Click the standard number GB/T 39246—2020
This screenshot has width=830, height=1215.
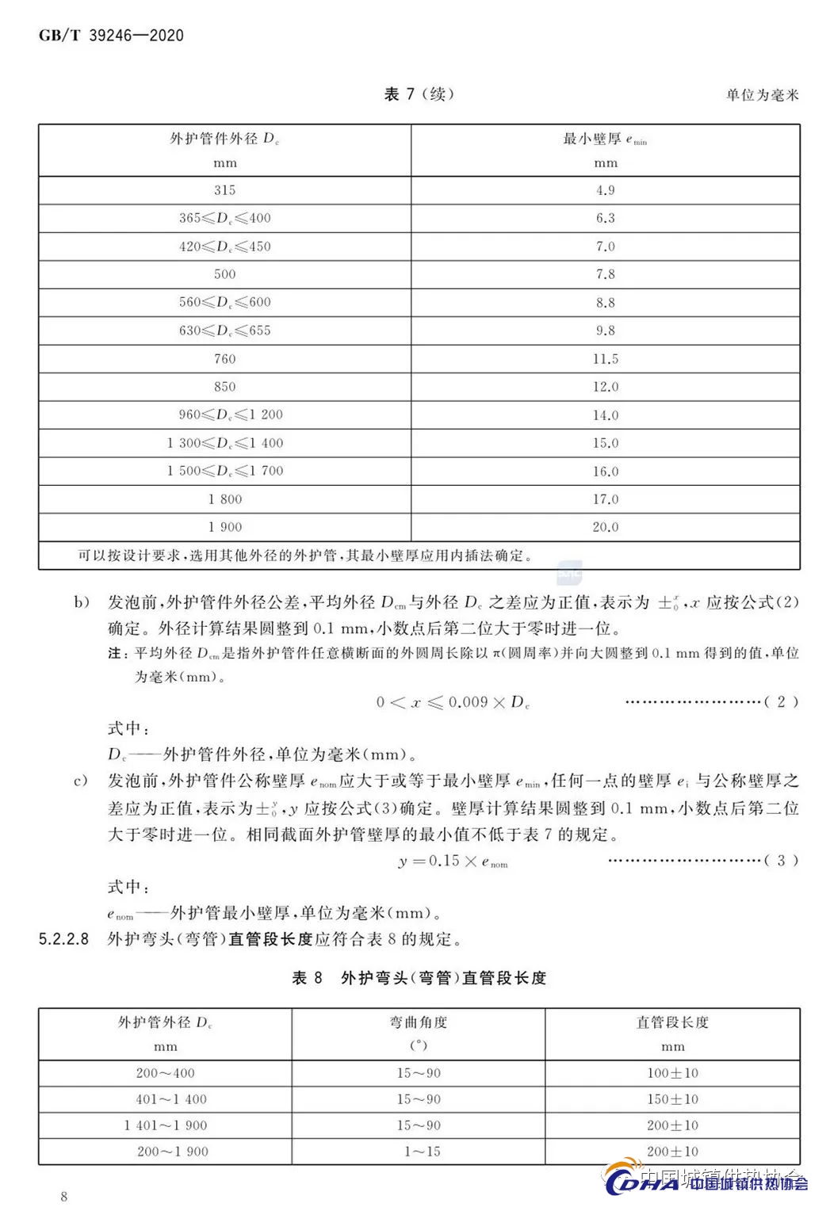pos(111,36)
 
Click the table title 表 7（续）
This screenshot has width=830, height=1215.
pos(419,94)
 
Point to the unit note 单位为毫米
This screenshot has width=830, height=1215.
pos(762,95)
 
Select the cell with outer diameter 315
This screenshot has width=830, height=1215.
pos(225,190)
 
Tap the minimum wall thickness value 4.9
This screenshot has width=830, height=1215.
pos(606,190)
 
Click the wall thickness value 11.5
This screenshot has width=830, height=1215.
pos(606,359)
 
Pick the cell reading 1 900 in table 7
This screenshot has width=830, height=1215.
pos(225,527)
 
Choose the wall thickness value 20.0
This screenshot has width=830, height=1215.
pos(606,527)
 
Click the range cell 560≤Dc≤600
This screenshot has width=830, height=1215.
pos(225,302)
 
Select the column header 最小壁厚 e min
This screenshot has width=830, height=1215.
pos(605,139)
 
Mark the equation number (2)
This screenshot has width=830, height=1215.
pos(781,701)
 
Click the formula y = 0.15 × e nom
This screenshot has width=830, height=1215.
pos(453,862)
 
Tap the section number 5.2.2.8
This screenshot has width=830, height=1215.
pos(63,939)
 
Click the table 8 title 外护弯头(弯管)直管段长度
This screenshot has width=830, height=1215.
pos(443,978)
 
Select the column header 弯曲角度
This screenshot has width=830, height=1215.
pos(419,1022)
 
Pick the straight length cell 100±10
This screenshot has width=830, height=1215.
pos(672,1073)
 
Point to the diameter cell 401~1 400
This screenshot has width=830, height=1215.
pos(171,1099)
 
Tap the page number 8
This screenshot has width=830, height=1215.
pos(64,1197)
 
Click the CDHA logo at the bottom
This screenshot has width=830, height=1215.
pos(642,1183)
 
